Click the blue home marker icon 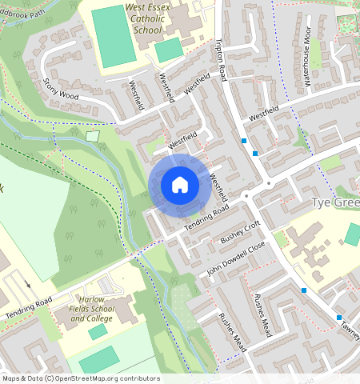(x=180, y=185)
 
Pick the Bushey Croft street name (x=241, y=231)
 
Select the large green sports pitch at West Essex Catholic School (x=113, y=37)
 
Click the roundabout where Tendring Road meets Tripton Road (x=246, y=195)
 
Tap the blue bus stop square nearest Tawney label (x=339, y=318)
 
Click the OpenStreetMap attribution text (x=80, y=378)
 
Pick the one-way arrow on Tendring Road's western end (x=28, y=284)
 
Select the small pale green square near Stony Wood (x=92, y=136)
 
